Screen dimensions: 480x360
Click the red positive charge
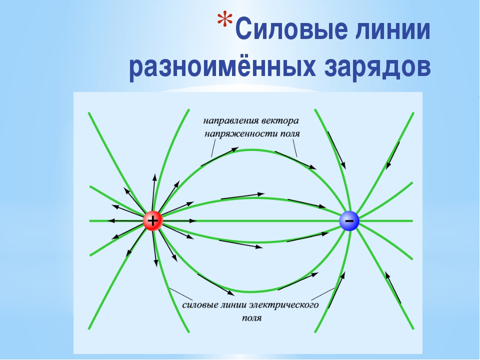tap(153, 220)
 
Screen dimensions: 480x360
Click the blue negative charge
tap(349, 220)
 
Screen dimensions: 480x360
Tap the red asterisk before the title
tap(224, 19)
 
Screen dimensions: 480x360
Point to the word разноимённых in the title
tap(222, 66)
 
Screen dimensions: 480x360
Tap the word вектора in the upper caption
tap(280, 120)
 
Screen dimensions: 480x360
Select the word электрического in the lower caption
tap(284, 305)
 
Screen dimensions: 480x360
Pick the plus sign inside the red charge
tap(153, 220)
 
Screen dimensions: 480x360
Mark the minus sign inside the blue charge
tap(349, 220)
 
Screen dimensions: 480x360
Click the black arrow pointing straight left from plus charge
tap(125, 220)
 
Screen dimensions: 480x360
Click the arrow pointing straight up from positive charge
tap(153, 192)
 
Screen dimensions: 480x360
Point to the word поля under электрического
tap(251, 318)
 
